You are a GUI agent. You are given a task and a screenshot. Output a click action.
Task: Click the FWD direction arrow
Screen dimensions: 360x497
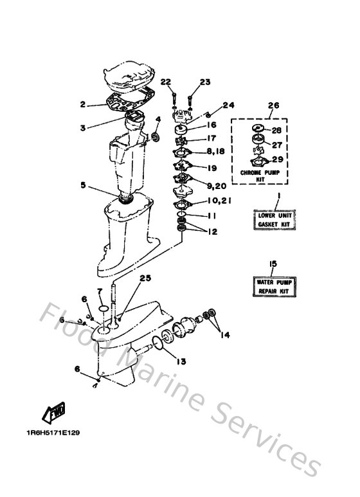click(x=54, y=412)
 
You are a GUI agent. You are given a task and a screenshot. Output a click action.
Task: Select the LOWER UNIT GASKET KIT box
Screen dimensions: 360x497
click(x=274, y=220)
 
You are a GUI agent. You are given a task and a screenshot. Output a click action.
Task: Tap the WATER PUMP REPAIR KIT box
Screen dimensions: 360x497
click(x=274, y=287)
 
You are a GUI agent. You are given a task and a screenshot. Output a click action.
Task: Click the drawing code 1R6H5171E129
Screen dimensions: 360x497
click(x=53, y=432)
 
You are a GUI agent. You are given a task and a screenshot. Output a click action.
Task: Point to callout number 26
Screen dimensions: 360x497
click(x=273, y=105)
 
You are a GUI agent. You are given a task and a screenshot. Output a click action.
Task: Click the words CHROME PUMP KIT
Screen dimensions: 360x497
click(x=260, y=176)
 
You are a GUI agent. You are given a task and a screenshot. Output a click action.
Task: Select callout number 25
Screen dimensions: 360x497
click(x=145, y=278)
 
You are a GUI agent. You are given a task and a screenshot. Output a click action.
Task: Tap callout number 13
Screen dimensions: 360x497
click(x=181, y=361)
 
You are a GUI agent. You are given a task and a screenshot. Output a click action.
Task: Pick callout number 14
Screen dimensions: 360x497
click(x=225, y=335)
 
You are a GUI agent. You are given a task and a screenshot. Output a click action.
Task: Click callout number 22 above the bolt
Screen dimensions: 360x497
click(x=165, y=82)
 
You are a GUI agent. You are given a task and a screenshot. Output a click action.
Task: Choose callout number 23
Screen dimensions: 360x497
click(x=205, y=82)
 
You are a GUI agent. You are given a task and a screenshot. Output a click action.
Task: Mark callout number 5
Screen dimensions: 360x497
click(x=83, y=185)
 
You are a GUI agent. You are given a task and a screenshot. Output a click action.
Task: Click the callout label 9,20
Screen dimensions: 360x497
click(x=217, y=186)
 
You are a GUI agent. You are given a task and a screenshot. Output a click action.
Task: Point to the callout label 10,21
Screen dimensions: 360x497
click(x=220, y=201)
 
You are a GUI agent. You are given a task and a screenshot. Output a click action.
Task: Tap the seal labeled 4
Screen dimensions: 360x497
click(x=156, y=137)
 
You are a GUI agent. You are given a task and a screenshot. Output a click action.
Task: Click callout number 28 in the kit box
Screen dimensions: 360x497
click(x=276, y=131)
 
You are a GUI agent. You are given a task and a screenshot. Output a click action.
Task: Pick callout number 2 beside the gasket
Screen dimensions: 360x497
click(x=83, y=104)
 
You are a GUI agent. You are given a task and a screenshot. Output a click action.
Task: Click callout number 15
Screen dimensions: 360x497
click(x=273, y=264)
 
